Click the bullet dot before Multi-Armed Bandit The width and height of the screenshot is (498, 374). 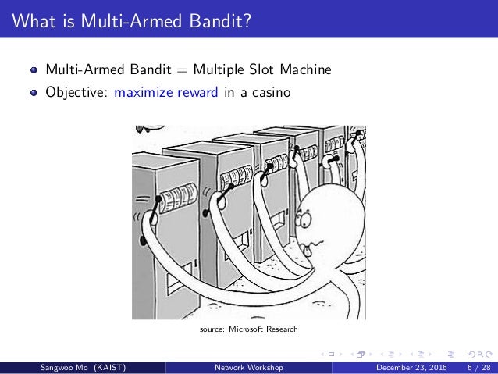(33, 71)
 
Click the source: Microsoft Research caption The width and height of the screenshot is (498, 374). (248, 329)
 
